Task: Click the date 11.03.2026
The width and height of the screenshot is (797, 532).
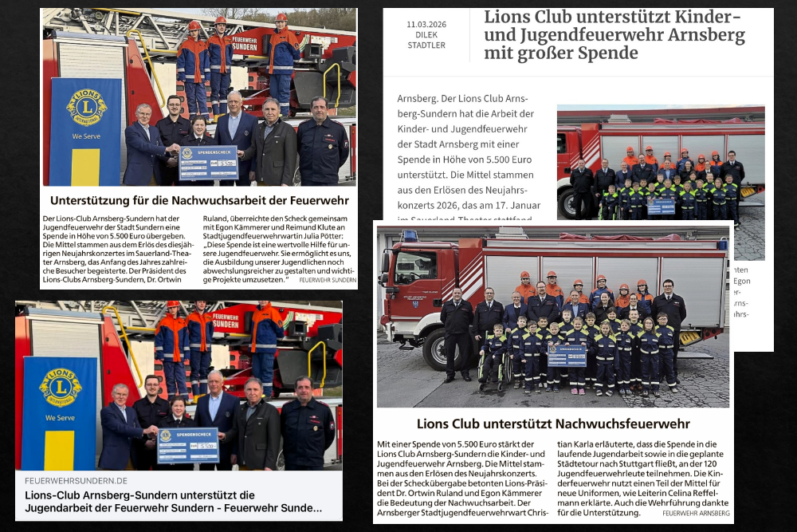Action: click(x=426, y=25)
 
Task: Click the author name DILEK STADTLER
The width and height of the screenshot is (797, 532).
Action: click(x=426, y=40)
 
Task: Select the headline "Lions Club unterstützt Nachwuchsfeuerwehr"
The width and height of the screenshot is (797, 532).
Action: click(x=553, y=424)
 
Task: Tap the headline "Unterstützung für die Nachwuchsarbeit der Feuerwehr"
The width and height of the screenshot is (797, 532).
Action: click(x=198, y=201)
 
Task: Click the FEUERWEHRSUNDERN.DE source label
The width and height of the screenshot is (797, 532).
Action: click(x=77, y=481)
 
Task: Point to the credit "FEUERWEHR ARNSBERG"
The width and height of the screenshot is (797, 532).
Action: click(x=695, y=513)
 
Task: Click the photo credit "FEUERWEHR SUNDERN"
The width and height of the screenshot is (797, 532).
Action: click(x=328, y=280)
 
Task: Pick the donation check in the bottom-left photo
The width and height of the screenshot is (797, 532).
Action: click(x=187, y=445)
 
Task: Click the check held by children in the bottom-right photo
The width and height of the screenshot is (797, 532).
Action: click(x=567, y=355)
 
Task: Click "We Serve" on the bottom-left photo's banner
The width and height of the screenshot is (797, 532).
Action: click(x=60, y=417)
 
